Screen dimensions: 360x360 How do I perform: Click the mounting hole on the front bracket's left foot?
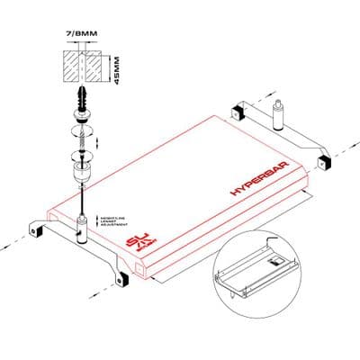[x=36, y=230]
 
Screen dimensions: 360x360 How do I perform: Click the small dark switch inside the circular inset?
[x=276, y=261]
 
